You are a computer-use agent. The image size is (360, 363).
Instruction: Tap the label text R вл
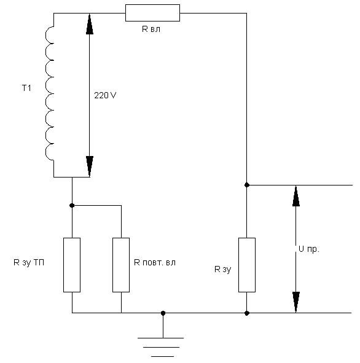[151, 29]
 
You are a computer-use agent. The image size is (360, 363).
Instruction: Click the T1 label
[26, 88]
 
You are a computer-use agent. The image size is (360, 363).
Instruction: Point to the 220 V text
[105, 95]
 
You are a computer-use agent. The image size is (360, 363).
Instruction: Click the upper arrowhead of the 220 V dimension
[90, 24]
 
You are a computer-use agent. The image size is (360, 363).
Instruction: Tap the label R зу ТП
[29, 262]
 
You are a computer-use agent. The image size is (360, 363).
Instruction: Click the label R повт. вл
[155, 262]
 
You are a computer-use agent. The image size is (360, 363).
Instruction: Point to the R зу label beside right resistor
[223, 269]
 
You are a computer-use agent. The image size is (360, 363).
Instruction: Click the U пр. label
[309, 249]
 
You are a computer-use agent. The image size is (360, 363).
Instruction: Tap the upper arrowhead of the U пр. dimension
[296, 196]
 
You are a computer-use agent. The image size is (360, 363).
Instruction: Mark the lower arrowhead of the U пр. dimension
[296, 302]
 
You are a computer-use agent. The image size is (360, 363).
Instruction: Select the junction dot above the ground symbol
[163, 313]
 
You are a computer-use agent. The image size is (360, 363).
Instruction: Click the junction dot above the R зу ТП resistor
[72, 205]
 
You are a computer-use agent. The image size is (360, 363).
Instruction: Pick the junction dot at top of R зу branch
[247, 185]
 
